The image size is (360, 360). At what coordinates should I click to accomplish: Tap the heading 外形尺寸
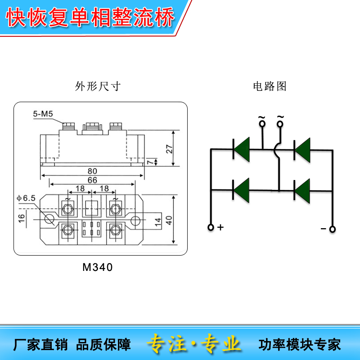[x=98, y=86]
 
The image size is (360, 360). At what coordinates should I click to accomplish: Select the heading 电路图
[x=270, y=86]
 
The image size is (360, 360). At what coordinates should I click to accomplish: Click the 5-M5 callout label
[x=43, y=114]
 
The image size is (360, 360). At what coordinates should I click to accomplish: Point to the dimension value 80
[x=92, y=171]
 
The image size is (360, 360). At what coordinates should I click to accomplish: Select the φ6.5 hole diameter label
[x=26, y=198]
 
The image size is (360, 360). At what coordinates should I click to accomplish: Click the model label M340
[x=98, y=267]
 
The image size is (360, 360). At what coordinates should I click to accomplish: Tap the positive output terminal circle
[x=211, y=227]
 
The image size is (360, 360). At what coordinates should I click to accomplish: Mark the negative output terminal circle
[x=333, y=229]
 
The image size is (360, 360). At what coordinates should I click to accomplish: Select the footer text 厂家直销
[x=41, y=345]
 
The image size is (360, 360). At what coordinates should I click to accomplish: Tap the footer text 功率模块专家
[x=300, y=345]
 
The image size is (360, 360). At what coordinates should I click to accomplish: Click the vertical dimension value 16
[x=21, y=218]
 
